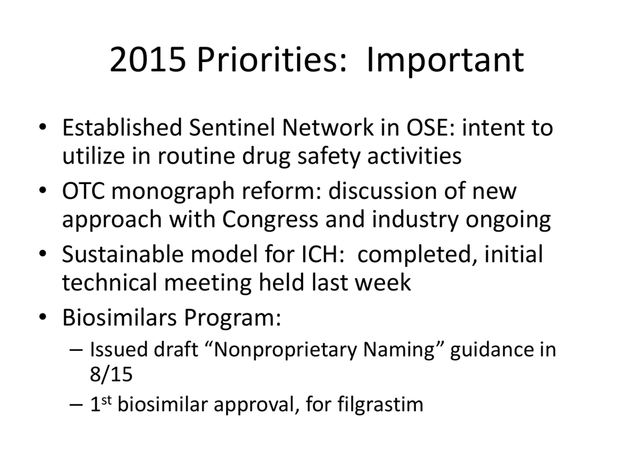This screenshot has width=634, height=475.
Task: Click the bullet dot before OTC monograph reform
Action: tap(43, 191)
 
